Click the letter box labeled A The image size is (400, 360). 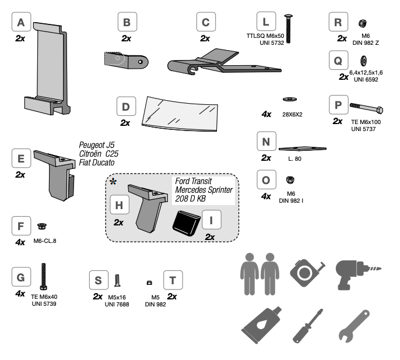pos(21,23)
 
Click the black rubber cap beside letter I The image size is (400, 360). pos(187,223)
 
